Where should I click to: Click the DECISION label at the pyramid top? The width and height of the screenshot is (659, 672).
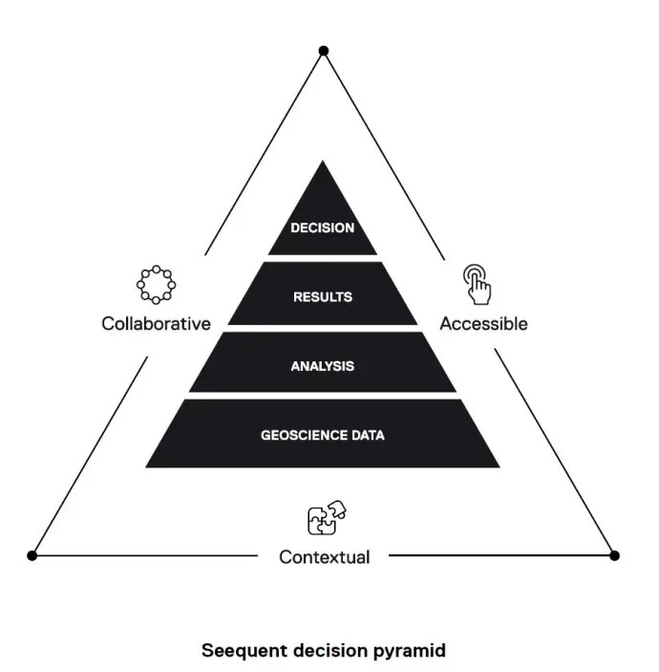[323, 228]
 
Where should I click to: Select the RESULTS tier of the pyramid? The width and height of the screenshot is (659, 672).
[323, 296]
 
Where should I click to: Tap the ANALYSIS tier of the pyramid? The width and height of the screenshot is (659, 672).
[323, 365]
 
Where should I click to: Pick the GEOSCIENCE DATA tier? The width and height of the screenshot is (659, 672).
[323, 435]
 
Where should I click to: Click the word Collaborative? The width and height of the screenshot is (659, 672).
[156, 323]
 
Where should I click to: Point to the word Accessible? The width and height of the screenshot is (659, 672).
[483, 323]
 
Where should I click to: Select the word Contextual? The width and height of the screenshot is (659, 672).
[324, 556]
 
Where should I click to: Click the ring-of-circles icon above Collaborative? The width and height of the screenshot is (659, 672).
[156, 284]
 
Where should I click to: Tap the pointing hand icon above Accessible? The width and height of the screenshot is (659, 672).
[477, 283]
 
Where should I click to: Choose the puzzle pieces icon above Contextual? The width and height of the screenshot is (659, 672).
[326, 518]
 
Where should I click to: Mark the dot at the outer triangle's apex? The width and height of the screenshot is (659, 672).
[324, 50]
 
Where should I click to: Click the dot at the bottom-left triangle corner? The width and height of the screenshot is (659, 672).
[32, 555]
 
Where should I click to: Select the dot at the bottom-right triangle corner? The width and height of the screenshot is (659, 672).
[614, 555]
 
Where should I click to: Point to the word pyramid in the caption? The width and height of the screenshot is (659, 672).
[412, 651]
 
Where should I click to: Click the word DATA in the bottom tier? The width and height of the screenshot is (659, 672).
[367, 435]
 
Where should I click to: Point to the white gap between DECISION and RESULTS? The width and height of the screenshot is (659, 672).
[323, 258]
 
